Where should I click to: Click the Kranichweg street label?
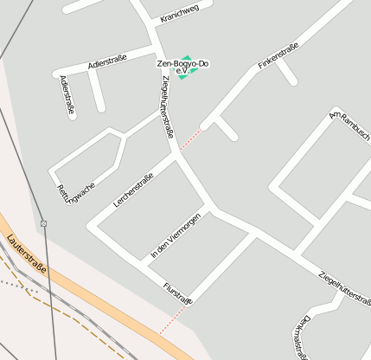tap(181, 10)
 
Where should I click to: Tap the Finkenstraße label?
tap(278, 55)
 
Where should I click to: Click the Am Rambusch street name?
tap(350, 127)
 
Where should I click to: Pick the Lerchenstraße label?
tap(133, 190)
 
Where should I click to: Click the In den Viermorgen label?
tap(176, 235)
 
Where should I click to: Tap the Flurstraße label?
tap(177, 292)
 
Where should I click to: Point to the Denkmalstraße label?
tap(302, 333)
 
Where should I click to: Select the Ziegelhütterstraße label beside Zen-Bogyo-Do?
tap(167, 106)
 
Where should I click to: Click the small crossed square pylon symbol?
tap(44, 223)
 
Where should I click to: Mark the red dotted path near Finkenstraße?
tap(191, 139)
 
